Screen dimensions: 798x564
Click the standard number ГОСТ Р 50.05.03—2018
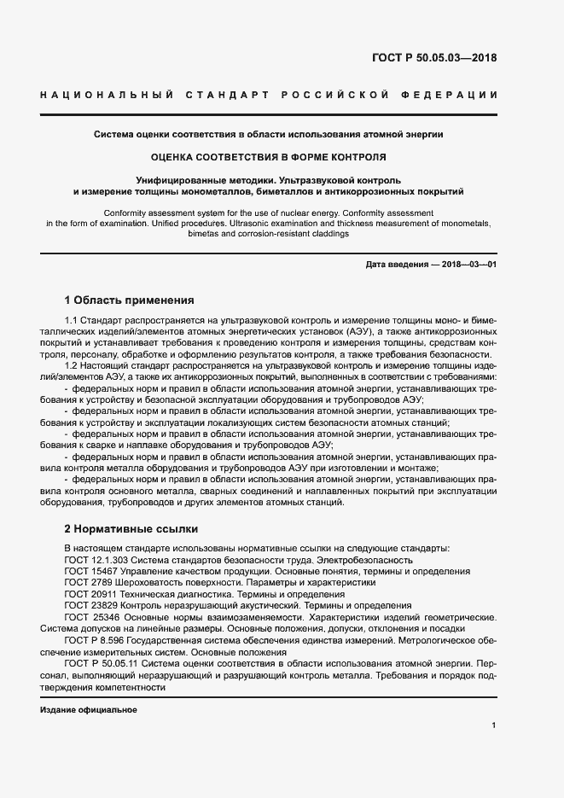[434, 59]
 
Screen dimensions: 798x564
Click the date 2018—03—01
[467, 265]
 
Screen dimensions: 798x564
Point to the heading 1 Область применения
[130, 300]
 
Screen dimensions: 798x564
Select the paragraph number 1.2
[72, 364]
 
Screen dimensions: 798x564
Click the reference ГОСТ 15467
[91, 571]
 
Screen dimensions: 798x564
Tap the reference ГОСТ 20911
[91, 594]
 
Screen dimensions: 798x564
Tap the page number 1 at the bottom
[494, 725]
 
